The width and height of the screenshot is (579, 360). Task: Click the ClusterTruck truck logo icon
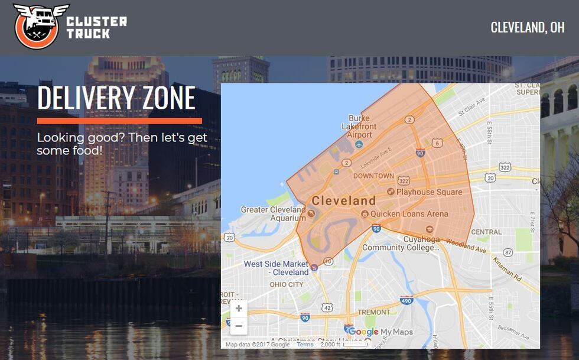pyautogui.click(x=37, y=27)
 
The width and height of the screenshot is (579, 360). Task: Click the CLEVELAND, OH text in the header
pyautogui.click(x=527, y=27)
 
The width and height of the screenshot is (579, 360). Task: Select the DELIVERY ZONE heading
pyautogui.click(x=116, y=98)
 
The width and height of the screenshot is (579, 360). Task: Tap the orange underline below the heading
pyautogui.click(x=119, y=121)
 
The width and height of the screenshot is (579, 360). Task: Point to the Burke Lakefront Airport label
pyautogui.click(x=359, y=127)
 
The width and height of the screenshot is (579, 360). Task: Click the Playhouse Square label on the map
pyautogui.click(x=429, y=192)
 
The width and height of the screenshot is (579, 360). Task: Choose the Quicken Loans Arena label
pyautogui.click(x=409, y=213)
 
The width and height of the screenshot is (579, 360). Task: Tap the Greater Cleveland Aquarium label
pyautogui.click(x=274, y=213)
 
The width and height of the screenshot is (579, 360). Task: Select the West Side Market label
pyautogui.click(x=276, y=268)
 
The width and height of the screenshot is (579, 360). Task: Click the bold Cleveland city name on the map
pyautogui.click(x=343, y=200)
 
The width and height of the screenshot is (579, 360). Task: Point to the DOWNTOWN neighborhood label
pyautogui.click(x=373, y=176)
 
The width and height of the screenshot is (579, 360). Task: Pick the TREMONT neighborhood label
pyautogui.click(x=373, y=312)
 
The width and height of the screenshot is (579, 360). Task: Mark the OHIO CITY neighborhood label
pyautogui.click(x=286, y=284)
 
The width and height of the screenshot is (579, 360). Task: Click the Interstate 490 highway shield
pyautogui.click(x=406, y=300)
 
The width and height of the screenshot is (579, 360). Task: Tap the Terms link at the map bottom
pyautogui.click(x=305, y=345)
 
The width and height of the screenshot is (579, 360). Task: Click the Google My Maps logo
pyautogui.click(x=380, y=332)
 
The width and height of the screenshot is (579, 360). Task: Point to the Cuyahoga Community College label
pyautogui.click(x=401, y=244)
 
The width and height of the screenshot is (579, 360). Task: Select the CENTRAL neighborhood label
pyautogui.click(x=486, y=232)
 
